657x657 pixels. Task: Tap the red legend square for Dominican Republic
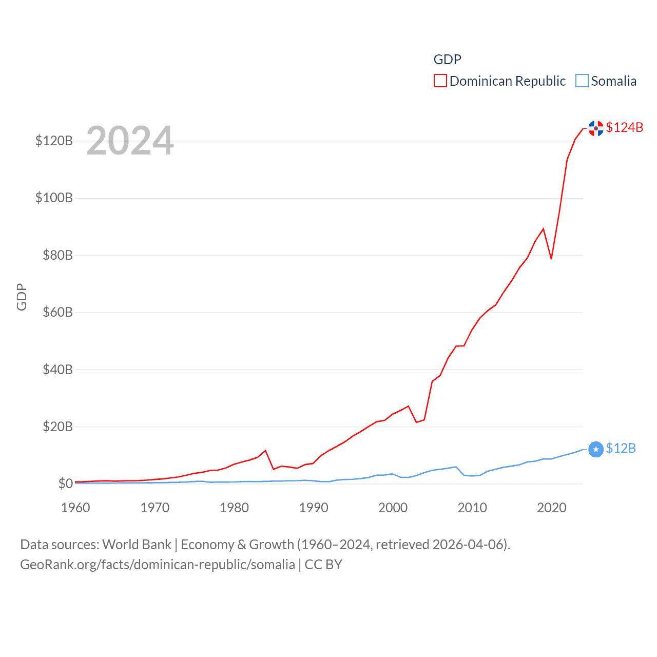point(440,81)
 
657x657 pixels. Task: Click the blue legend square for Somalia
point(582,81)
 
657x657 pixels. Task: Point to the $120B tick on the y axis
point(54,141)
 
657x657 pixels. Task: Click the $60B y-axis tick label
point(57,312)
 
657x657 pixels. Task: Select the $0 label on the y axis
point(65,484)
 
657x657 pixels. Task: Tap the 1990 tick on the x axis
point(314,508)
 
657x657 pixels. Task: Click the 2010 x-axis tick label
point(472,508)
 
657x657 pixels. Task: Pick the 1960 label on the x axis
point(75,508)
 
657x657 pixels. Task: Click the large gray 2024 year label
point(130,141)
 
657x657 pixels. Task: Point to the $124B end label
point(624,127)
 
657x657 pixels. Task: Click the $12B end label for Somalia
point(621,448)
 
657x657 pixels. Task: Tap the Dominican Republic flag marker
point(596,128)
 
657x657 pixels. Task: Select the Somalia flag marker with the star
point(596,450)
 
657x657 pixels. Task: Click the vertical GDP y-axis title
point(22,297)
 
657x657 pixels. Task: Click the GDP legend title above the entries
point(447,60)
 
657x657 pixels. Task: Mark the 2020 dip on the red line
point(551,258)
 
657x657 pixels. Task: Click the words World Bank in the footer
point(137,544)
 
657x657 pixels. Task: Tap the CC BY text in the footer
point(323,565)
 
